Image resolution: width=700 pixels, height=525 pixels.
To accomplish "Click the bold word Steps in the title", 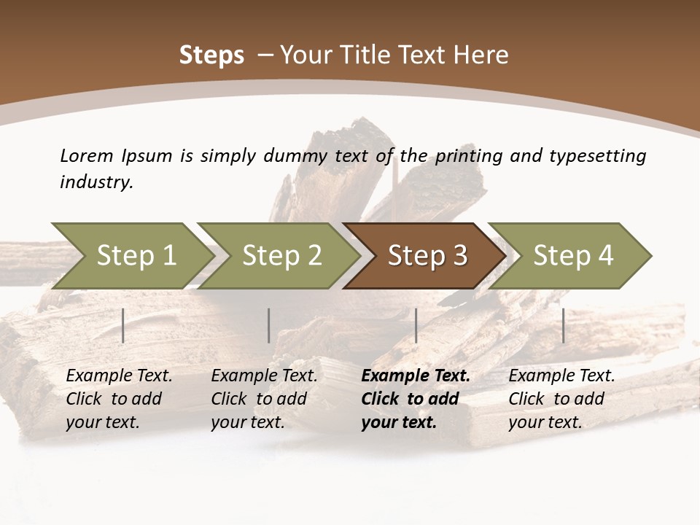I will (x=211, y=55).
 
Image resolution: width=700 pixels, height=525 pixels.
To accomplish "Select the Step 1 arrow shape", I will (x=131, y=256).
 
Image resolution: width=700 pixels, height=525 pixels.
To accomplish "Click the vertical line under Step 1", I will (x=123, y=325).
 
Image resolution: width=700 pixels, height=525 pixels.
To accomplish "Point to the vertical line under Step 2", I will (x=269, y=325).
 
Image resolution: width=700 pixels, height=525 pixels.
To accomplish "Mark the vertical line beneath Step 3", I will (x=416, y=325).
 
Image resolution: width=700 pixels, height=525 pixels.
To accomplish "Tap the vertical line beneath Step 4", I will (x=563, y=325).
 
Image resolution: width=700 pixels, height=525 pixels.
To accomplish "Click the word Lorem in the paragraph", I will (x=87, y=155).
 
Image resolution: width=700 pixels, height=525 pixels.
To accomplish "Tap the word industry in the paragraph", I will (x=96, y=182).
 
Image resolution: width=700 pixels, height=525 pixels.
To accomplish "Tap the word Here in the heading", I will (x=483, y=55).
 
